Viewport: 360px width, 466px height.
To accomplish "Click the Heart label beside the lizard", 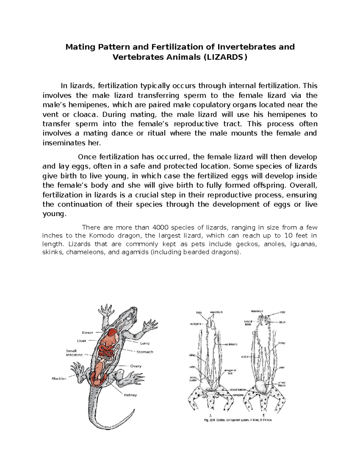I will (x=87, y=332).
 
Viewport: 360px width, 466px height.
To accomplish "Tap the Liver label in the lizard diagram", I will (x=82, y=341).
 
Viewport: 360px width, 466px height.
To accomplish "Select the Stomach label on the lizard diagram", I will (x=145, y=352).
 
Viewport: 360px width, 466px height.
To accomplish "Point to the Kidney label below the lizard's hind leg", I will (x=130, y=395).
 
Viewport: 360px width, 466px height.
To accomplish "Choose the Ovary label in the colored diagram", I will (x=136, y=366).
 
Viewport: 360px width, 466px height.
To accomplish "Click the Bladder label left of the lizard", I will (x=59, y=379).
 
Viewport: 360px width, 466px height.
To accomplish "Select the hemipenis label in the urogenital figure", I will (x=238, y=395).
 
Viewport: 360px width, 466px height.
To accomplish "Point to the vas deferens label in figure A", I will (x=231, y=344).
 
